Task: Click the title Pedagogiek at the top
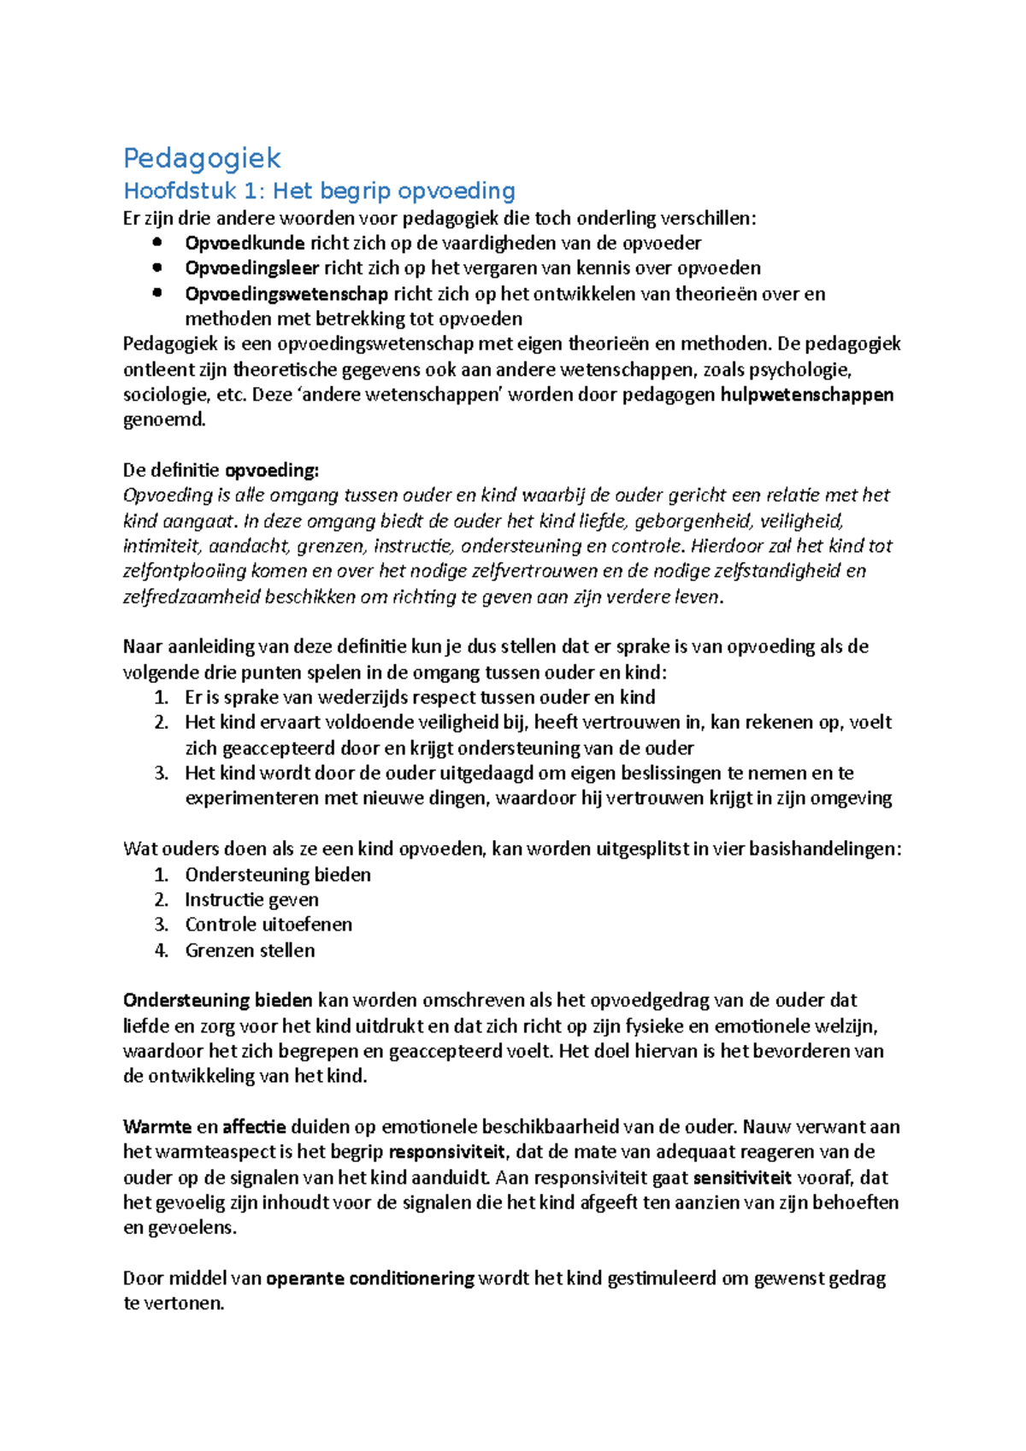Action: (x=202, y=158)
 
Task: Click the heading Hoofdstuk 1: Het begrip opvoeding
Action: (x=319, y=191)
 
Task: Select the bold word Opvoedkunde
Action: (x=245, y=243)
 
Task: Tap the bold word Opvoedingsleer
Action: (x=251, y=267)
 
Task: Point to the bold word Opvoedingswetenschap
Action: (x=286, y=294)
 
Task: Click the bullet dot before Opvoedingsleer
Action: (x=156, y=267)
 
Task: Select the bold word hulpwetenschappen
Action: (x=806, y=395)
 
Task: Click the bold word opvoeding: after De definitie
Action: (x=271, y=470)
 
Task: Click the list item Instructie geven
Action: (x=251, y=899)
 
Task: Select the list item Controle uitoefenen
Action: (x=268, y=924)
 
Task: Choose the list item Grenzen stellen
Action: (x=250, y=949)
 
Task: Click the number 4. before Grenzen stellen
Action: (x=162, y=949)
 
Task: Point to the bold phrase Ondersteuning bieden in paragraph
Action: (x=217, y=1000)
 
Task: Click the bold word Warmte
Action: (x=156, y=1126)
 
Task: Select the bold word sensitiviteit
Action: (x=741, y=1178)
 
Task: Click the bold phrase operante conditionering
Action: (x=369, y=1278)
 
